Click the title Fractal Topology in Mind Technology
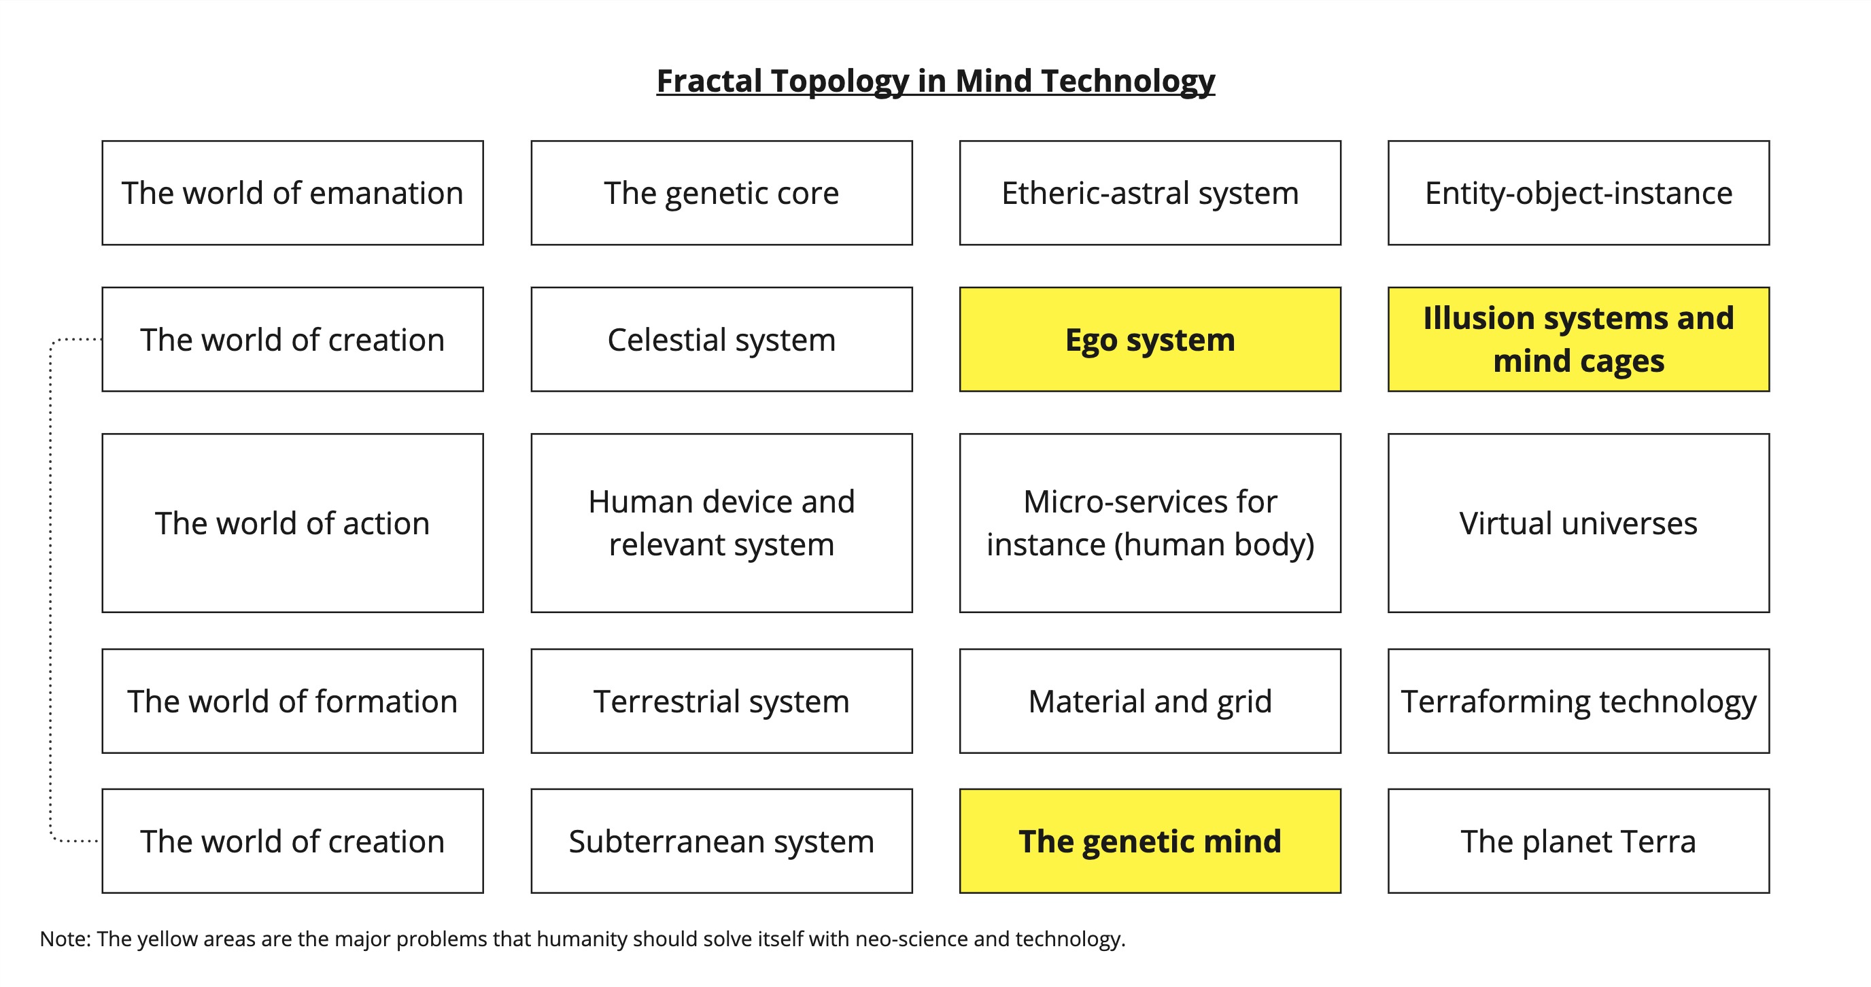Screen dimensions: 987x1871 click(935, 81)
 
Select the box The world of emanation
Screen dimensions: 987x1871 click(293, 193)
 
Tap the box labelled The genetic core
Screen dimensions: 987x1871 click(721, 193)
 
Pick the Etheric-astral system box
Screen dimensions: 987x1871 click(1150, 193)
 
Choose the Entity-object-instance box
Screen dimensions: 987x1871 click(1578, 193)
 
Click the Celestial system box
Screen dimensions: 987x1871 click(721, 340)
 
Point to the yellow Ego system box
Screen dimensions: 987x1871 click(1150, 340)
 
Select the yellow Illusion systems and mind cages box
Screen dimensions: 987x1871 click(1578, 340)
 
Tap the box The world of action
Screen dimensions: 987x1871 click(293, 523)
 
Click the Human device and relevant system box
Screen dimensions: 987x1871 click(721, 523)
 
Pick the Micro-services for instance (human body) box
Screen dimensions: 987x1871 click(1150, 523)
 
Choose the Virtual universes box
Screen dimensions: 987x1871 click(1578, 523)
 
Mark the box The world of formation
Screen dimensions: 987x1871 click(293, 702)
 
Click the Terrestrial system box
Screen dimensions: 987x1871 click(721, 702)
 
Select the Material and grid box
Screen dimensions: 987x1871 click(1150, 702)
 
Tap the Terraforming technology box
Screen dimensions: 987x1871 click(1578, 702)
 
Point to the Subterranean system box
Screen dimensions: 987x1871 click(721, 841)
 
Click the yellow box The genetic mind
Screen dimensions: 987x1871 click(1150, 841)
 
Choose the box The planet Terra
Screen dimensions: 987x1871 click(1578, 841)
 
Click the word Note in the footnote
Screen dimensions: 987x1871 click(64, 939)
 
